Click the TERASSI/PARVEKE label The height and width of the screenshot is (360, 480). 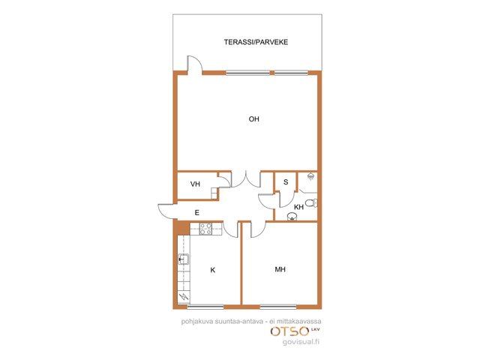click(x=256, y=42)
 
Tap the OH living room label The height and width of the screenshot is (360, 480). click(x=253, y=119)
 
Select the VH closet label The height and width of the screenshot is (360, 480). click(x=195, y=184)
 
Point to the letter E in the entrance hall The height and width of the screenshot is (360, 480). click(x=196, y=212)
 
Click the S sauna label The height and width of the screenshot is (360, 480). click(x=286, y=182)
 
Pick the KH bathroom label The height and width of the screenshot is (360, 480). click(x=298, y=207)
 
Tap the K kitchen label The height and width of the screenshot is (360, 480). click(x=213, y=270)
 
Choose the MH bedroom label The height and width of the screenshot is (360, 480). click(x=280, y=269)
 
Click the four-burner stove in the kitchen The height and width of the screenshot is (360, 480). click(x=205, y=229)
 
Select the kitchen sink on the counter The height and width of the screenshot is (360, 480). click(x=183, y=259)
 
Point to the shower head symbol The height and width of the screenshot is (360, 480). click(x=311, y=176)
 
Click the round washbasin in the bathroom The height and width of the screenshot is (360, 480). click(x=292, y=217)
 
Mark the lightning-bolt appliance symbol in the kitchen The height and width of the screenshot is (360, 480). click(x=184, y=296)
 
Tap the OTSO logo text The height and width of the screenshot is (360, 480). click(x=289, y=331)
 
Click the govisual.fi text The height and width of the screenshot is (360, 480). click(x=301, y=342)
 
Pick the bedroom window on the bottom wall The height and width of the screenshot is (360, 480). click(x=278, y=307)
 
